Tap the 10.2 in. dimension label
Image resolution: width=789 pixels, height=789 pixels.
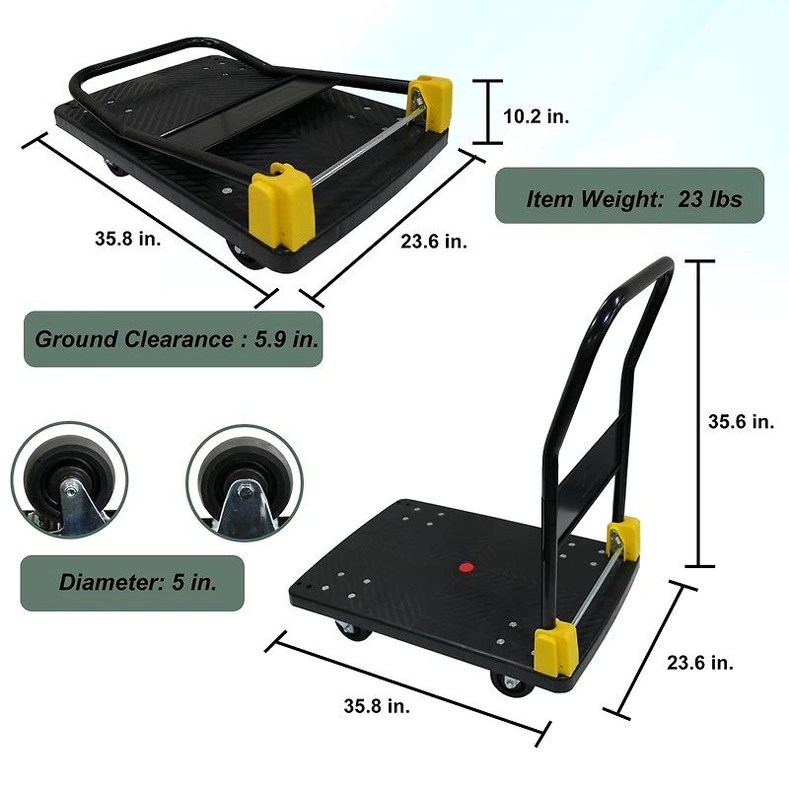(x=536, y=116)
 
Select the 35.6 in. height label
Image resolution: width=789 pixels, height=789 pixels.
(x=741, y=421)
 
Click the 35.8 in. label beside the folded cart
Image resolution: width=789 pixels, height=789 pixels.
(x=128, y=238)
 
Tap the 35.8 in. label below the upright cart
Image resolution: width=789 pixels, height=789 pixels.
(x=377, y=705)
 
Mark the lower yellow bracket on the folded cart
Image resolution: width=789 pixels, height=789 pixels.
(x=280, y=206)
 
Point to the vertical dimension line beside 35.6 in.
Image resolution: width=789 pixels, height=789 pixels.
(x=699, y=414)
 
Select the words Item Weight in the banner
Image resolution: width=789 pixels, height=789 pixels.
(x=595, y=198)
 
